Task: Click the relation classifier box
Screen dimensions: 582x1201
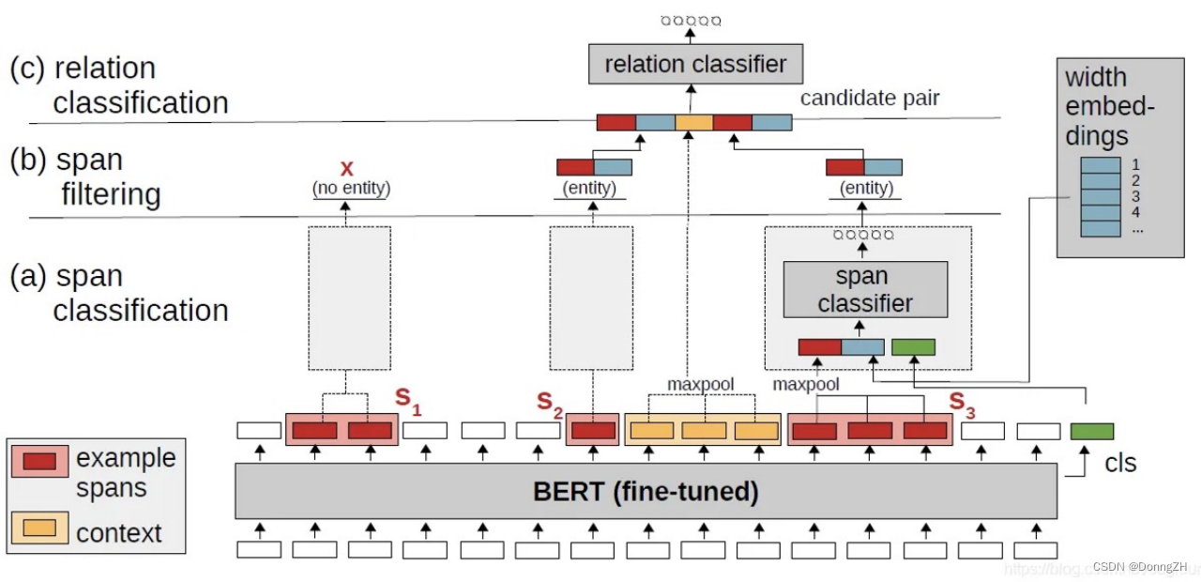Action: [695, 64]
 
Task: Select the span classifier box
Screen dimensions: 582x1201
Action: [864, 289]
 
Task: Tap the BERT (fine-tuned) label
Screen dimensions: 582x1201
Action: [646, 490]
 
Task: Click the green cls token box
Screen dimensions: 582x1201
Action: [1092, 431]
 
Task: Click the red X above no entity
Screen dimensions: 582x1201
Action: [347, 169]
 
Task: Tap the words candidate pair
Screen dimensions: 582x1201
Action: [870, 98]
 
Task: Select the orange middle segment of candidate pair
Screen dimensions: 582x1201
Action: [693, 122]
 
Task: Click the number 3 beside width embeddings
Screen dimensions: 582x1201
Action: [1135, 196]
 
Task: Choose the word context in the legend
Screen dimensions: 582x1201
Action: [119, 533]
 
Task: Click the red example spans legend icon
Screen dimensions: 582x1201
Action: [39, 461]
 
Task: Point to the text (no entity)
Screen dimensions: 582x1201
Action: [351, 190]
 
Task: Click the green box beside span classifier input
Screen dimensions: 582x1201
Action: [913, 347]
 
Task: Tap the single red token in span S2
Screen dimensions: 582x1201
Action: [593, 431]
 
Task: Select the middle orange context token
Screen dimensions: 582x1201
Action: [703, 431]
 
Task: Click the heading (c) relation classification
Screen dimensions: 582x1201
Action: [119, 84]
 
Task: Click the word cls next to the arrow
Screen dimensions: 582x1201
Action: [1120, 463]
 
